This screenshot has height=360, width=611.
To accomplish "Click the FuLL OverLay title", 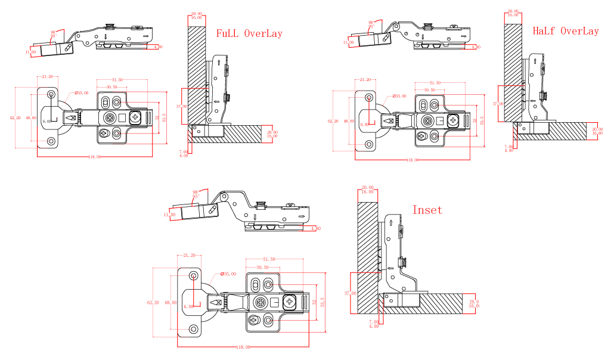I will click(249, 33).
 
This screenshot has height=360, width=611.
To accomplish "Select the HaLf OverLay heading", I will click(565, 31).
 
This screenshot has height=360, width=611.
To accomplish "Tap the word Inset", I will click(427, 210).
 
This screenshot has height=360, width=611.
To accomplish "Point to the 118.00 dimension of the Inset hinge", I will click(243, 347).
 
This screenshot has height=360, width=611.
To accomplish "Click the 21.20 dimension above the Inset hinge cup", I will click(190, 255).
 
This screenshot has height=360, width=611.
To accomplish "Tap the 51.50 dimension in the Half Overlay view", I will click(435, 83).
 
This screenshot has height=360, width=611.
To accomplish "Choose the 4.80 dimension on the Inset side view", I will click(316, 228).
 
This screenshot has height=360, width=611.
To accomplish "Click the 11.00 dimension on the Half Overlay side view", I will click(348, 43).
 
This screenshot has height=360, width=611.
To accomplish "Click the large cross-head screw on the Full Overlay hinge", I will click(135, 117).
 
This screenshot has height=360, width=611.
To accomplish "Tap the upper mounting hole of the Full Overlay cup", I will click(51, 95).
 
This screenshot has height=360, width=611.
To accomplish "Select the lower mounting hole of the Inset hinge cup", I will click(194, 328).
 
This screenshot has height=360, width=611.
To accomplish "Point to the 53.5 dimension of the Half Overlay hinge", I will click(482, 120).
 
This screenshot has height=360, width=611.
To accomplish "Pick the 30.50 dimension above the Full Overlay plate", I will click(111, 87).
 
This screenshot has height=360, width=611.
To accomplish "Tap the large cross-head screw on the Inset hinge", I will click(290, 302).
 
